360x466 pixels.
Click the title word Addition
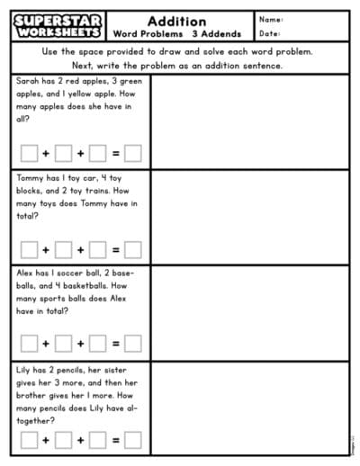(176, 21)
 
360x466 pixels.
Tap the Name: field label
(271, 19)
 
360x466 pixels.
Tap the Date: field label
(270, 33)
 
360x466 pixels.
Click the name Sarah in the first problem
(30, 80)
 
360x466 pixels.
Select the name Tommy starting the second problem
(32, 177)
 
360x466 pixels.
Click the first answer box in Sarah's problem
(29, 153)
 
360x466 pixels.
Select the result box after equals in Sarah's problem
(132, 153)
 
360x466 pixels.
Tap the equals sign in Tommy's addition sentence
(115, 249)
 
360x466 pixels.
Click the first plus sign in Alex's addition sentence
(46, 343)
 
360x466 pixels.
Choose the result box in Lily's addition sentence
(132, 440)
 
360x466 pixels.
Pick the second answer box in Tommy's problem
(63, 249)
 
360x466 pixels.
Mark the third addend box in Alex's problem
(97, 343)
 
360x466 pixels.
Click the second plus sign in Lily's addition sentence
(80, 440)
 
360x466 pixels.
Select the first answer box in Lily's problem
(29, 440)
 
